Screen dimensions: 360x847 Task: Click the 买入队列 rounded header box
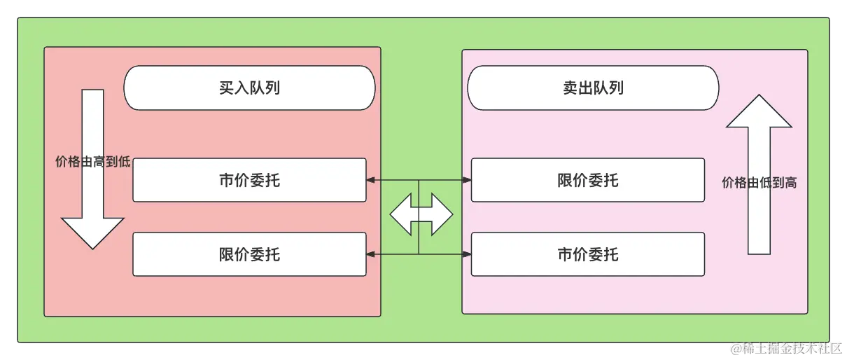249,88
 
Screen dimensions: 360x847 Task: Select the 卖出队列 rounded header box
593,88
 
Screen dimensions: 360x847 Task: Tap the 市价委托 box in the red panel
249,180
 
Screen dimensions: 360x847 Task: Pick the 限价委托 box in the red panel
249,254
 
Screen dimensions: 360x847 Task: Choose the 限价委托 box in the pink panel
587,180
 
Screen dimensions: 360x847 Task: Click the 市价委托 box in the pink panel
587,254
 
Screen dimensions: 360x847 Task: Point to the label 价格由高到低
92,162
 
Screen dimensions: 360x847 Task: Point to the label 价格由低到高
759,183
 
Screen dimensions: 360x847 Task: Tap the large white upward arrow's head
759,112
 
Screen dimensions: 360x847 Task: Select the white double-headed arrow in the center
421,215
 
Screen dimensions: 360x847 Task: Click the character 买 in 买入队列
226,88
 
